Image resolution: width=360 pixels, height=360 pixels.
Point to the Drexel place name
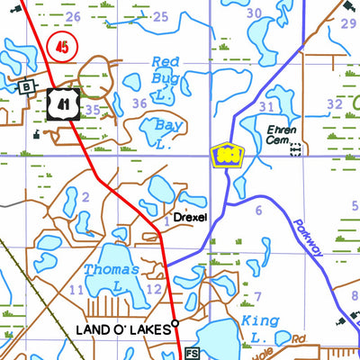tap(190, 218)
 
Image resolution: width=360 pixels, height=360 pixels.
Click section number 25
tap(160, 16)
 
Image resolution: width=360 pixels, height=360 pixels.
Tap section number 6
tap(258, 210)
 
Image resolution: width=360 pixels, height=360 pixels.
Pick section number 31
tap(265, 107)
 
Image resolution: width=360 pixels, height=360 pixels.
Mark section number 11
tap(76, 290)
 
